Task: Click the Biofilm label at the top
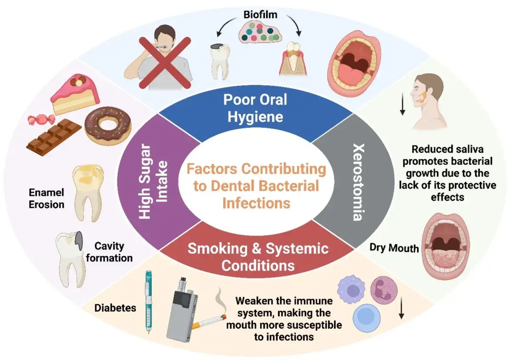[261, 15]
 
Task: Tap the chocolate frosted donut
[108, 126]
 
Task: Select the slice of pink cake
[75, 94]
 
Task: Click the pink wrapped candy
[41, 119]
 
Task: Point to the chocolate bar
[54, 136]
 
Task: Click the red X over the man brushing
[165, 63]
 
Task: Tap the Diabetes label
[115, 308]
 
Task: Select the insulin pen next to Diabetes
[148, 302]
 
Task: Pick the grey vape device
[182, 310]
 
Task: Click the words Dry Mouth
[394, 248]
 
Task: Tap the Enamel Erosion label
[46, 199]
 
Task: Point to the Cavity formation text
[109, 252]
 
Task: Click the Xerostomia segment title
[358, 182]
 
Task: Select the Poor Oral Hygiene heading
[255, 108]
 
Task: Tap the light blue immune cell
[366, 318]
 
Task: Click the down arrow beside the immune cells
[401, 308]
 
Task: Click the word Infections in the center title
[256, 203]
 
